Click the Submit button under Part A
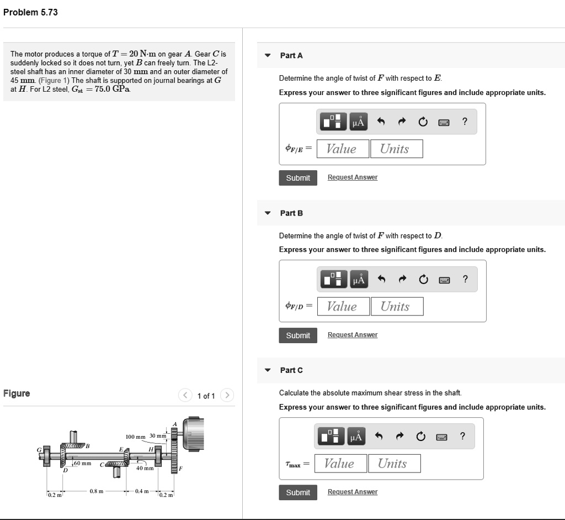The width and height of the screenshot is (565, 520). (298, 178)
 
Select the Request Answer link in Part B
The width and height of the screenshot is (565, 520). (352, 335)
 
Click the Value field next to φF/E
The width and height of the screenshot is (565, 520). (342, 149)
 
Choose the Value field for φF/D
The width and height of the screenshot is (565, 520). (342, 306)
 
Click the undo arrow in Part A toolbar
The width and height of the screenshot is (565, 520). (380, 123)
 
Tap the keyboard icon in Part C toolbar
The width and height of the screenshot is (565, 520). (441, 437)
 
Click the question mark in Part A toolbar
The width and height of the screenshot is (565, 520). (465, 123)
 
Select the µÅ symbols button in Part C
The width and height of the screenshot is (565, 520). (356, 437)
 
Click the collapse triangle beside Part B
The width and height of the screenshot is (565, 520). (268, 213)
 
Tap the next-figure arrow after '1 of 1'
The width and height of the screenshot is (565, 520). (227, 396)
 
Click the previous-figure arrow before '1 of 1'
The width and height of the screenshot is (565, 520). (185, 396)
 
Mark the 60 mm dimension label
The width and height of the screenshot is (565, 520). (83, 463)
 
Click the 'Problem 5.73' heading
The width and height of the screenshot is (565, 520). (30, 12)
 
